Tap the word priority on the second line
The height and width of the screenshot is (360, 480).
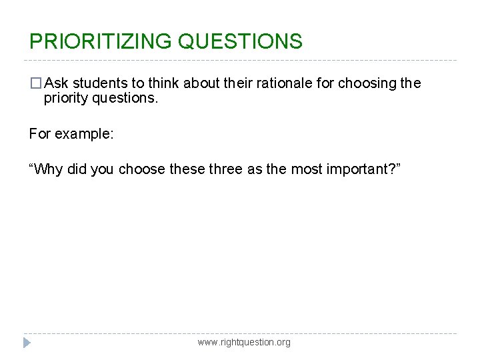coord(64,99)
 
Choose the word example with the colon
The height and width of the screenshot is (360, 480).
coord(84,133)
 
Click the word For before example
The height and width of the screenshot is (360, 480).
coord(40,133)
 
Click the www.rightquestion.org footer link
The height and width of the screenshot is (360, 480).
coord(244,342)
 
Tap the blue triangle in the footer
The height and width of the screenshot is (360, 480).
coord(27,343)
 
